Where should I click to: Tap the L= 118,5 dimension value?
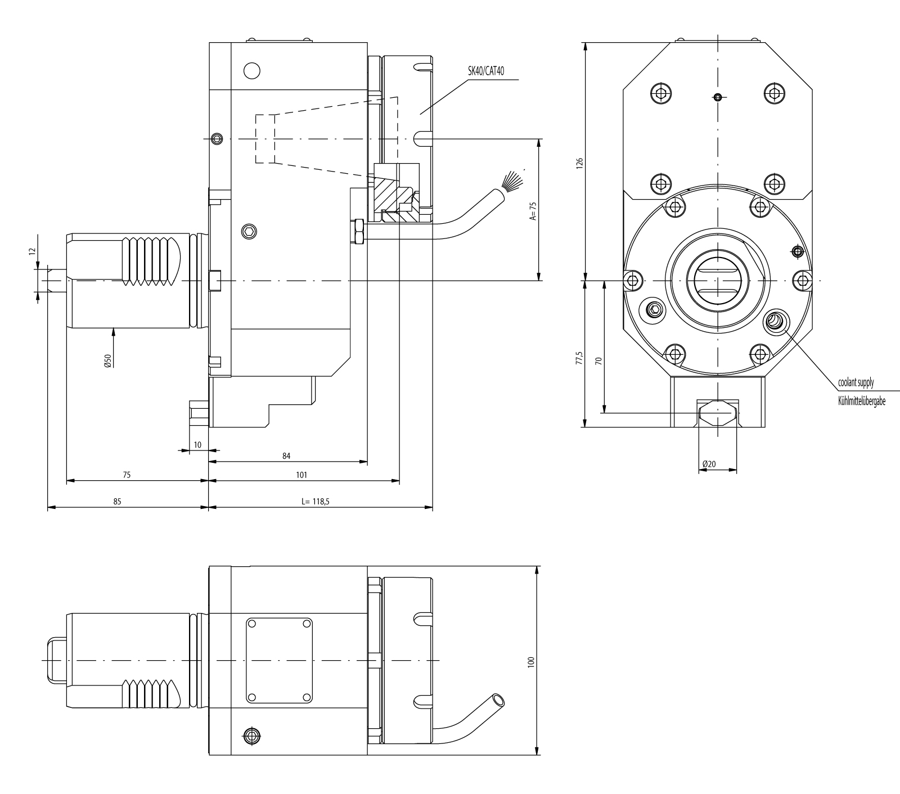tap(315, 500)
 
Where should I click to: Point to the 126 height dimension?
tap(580, 163)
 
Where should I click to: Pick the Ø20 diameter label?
tap(709, 464)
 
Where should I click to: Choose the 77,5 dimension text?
tap(580, 358)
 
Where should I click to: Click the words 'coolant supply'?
tap(856, 383)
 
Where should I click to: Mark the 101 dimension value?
tap(301, 475)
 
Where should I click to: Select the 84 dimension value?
tap(286, 456)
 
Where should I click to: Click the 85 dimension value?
tap(117, 500)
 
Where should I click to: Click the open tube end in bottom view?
tap(498, 700)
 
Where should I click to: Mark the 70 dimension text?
tap(598, 360)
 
